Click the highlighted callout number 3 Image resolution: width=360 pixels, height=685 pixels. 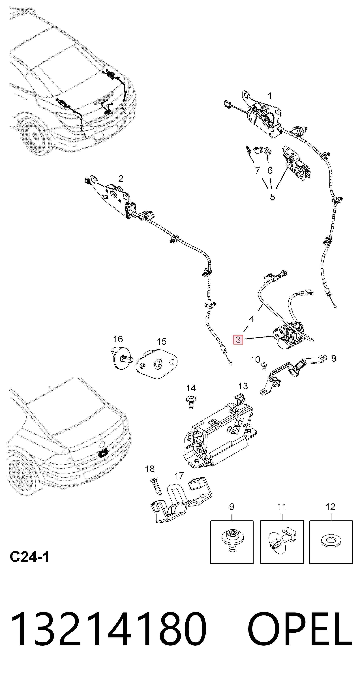pyautogui.click(x=238, y=340)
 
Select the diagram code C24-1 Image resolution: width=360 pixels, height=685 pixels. pyautogui.click(x=29, y=557)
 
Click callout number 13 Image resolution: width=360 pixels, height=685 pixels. pyautogui.click(x=243, y=386)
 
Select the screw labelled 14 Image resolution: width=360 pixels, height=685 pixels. pyautogui.click(x=191, y=402)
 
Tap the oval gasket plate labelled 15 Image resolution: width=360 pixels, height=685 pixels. pyautogui.click(x=157, y=364)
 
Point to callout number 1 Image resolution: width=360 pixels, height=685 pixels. pyautogui.click(x=270, y=96)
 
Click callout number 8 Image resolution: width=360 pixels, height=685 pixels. pyautogui.click(x=334, y=358)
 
